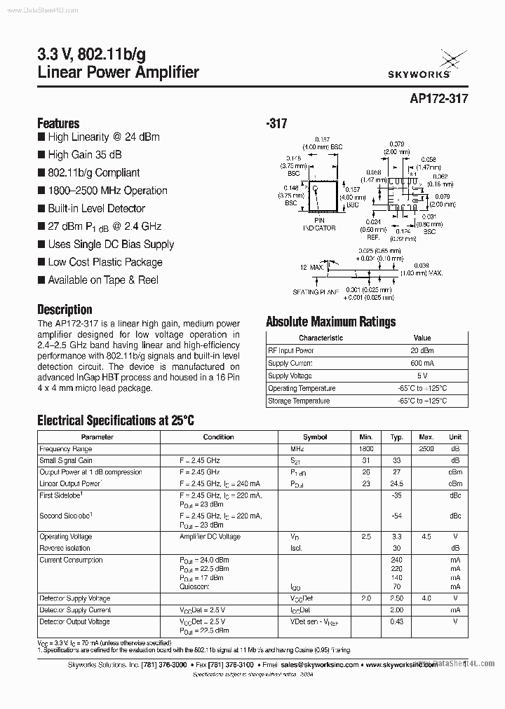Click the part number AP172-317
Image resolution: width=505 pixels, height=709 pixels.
[x=439, y=99]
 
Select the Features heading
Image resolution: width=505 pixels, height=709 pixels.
[x=58, y=123]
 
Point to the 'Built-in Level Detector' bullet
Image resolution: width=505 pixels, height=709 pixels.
[x=96, y=208]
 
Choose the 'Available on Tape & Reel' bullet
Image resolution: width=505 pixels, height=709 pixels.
[x=102, y=280]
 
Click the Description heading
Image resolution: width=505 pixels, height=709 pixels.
[x=65, y=309]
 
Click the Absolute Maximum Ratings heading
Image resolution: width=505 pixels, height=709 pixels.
[x=330, y=322]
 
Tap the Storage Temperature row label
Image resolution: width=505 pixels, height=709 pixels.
[x=299, y=401]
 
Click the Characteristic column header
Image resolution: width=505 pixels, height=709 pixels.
[x=321, y=338]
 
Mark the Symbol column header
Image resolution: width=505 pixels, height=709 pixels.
[x=315, y=436]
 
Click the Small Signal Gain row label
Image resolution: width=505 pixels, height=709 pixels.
[x=66, y=460]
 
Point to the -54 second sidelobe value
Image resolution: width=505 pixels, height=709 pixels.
[x=397, y=516]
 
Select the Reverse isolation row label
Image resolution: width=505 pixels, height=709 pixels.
[x=65, y=547]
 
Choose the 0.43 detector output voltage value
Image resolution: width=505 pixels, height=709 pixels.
[x=397, y=621]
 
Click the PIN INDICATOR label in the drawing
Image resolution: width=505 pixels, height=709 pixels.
[x=320, y=224]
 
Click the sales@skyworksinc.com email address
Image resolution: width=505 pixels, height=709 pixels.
[x=320, y=664]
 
